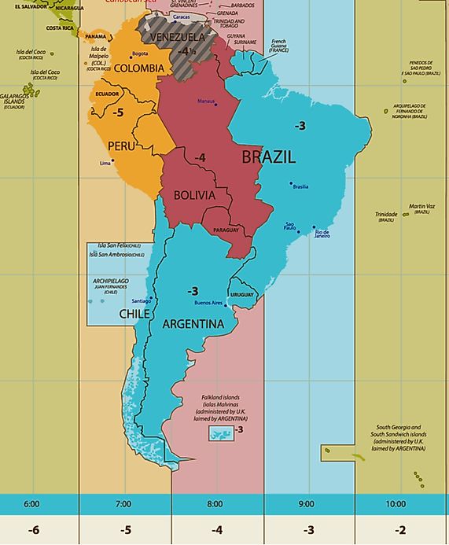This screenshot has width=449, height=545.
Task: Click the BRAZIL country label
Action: (268, 157)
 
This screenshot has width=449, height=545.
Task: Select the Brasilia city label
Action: (300, 186)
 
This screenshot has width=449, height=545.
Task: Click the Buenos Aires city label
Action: (208, 303)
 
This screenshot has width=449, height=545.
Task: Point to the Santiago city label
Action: (142, 300)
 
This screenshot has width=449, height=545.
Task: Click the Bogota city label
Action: (140, 53)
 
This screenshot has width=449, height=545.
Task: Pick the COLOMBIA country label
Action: (139, 68)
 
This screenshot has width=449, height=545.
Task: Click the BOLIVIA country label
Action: (193, 194)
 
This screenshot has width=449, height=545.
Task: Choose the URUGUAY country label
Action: (242, 295)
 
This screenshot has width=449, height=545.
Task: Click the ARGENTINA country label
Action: (193, 323)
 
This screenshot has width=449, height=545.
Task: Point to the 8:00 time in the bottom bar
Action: (215, 503)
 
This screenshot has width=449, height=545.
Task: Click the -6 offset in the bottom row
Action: (33, 530)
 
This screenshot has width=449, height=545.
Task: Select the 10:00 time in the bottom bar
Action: (396, 503)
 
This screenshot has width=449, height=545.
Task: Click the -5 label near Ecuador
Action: (118, 112)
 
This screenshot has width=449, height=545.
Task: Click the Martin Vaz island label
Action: (421, 208)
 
